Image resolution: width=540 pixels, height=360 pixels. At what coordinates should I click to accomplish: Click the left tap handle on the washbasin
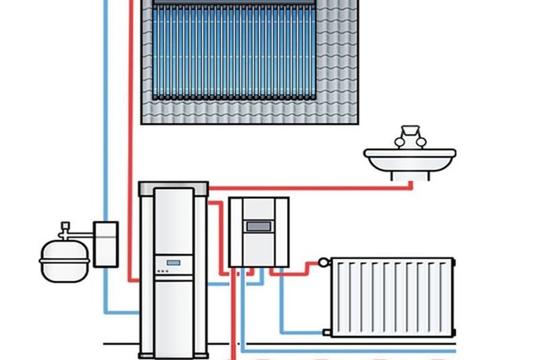399,141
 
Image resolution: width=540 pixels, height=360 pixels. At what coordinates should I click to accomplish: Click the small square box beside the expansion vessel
106,243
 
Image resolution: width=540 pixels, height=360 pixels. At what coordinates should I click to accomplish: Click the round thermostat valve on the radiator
326,263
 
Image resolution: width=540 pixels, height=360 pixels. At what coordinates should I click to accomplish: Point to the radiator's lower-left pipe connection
327,332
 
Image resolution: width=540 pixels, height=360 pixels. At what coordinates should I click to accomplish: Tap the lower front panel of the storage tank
173,316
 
